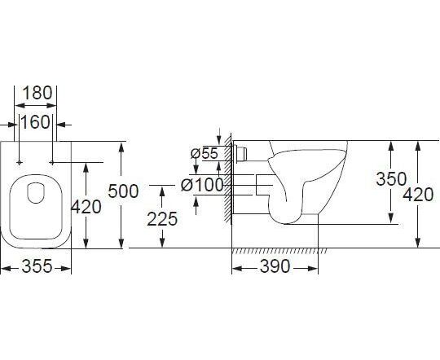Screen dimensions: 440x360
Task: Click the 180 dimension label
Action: coord(37,93)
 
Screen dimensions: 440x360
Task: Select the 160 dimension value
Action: coord(35,122)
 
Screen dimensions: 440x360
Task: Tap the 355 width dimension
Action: coord(37,266)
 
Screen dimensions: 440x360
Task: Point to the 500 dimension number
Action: coord(124,191)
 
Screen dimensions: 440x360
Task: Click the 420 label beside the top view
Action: coord(86,207)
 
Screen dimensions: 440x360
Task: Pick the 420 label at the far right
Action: coord(418,195)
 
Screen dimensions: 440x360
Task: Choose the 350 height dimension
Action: coord(391,179)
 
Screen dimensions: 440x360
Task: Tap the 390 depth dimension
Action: coord(275,266)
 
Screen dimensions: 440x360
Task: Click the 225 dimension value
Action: coord(162,219)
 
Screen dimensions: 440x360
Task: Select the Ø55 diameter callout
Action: coord(204,153)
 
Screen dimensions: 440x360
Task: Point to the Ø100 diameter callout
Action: coord(202,185)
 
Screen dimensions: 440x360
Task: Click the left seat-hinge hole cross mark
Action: coord(19,162)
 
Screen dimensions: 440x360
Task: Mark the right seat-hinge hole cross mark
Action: coord(52,162)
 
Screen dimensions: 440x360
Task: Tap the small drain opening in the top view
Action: coord(36,193)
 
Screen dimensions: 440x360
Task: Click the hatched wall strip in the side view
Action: coord(228,179)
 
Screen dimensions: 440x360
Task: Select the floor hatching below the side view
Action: coord(279,251)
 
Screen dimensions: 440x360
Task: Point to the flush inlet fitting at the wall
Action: coord(240,153)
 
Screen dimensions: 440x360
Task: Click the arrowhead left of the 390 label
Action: coord(237,269)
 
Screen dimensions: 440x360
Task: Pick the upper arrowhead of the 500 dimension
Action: coord(121,147)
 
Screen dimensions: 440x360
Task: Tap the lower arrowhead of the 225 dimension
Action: coord(162,243)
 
